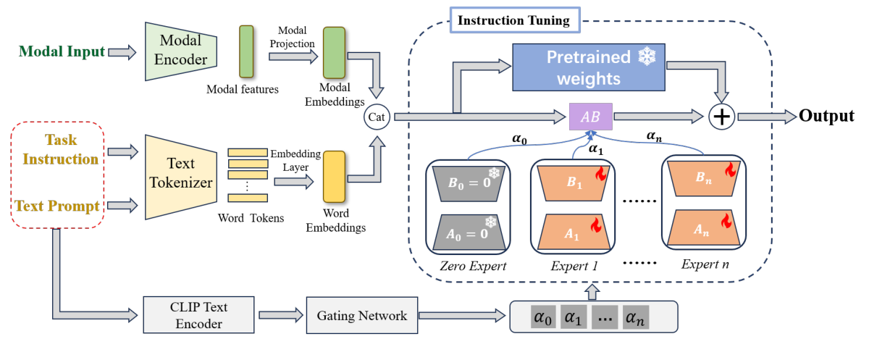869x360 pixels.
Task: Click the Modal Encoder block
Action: pyautogui.click(x=180, y=51)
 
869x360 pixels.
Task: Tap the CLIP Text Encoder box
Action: pyautogui.click(x=191, y=315)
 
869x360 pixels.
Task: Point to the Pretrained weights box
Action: pyautogui.click(x=589, y=67)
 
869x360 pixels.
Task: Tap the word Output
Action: pyautogui.click(x=826, y=115)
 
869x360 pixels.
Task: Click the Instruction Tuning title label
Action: pyautogui.click(x=513, y=20)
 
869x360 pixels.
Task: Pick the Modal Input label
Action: pyautogui.click(x=62, y=51)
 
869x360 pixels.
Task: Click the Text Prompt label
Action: pyautogui.click(x=58, y=206)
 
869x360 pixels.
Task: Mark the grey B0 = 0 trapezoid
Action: pyautogui.click(x=467, y=185)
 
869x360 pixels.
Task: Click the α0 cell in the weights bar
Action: pyautogui.click(x=542, y=317)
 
